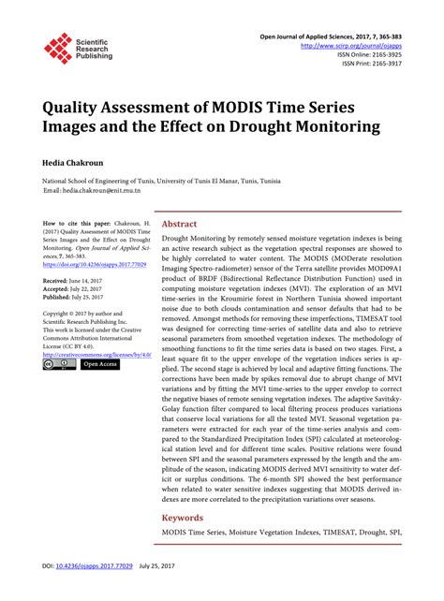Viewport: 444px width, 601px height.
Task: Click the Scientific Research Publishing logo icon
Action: pyautogui.click(x=59, y=49)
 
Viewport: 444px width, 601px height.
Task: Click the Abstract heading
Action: pyautogui.click(x=179, y=225)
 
